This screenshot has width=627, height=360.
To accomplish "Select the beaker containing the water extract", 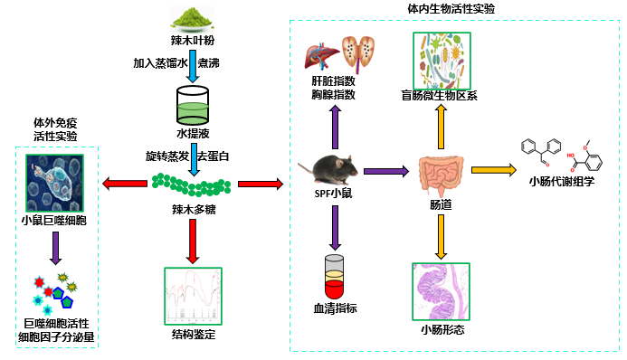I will point(192,104).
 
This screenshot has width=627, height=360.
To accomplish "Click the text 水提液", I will point(192,134).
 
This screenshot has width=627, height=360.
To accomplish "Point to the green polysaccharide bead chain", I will point(191,185).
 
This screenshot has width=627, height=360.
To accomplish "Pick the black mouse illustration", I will point(330,170).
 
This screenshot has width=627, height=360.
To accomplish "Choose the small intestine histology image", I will point(442,290).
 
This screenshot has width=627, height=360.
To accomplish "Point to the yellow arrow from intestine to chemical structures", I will point(492,169).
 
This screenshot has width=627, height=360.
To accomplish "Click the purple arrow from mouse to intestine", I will point(387,169).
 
